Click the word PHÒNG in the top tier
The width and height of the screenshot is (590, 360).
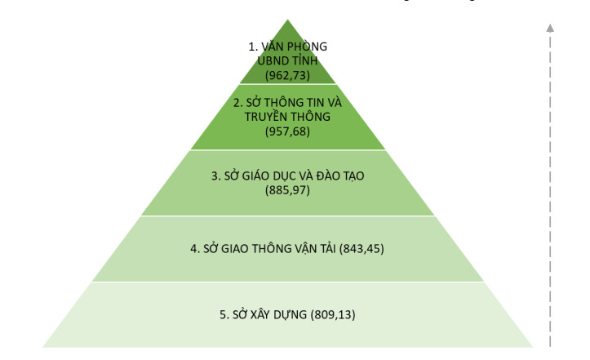tap(307, 47)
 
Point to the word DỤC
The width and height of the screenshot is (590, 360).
tap(286, 176)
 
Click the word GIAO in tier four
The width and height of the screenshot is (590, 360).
tap(234, 248)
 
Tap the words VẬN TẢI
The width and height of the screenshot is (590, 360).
tap(313, 248)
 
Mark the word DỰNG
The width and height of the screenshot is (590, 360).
tap(291, 315)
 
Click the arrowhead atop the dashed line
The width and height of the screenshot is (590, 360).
tap(550, 28)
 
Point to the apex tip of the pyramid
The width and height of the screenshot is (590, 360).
tap(288, 20)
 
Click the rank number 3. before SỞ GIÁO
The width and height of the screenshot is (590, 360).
tap(215, 176)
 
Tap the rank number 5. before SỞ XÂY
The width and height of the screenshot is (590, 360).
tap(224, 314)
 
